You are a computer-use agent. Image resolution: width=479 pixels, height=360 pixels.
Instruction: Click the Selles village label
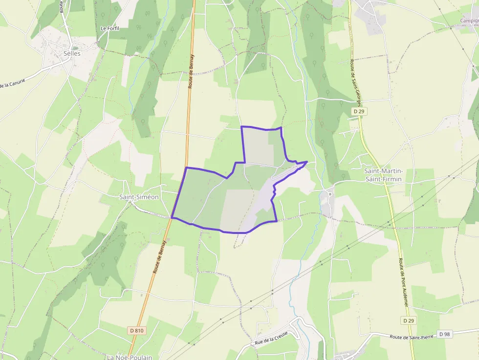(72, 53)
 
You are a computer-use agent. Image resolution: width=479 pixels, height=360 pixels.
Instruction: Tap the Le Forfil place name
(110, 28)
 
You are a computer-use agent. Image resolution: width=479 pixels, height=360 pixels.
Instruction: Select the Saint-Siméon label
(139, 197)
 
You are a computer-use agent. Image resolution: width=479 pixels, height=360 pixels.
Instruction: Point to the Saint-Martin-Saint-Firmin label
(384, 175)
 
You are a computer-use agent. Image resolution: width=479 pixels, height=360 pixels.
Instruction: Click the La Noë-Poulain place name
(130, 357)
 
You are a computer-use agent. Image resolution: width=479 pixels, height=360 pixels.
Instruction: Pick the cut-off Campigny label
(469, 21)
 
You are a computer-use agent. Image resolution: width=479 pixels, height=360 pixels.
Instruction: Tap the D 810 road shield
(137, 331)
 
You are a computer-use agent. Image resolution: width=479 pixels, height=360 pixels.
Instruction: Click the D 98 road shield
(444, 334)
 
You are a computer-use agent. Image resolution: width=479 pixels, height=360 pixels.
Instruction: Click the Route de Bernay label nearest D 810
(160, 256)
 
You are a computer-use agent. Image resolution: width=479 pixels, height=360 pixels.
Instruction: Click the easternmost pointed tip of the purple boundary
(306, 162)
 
